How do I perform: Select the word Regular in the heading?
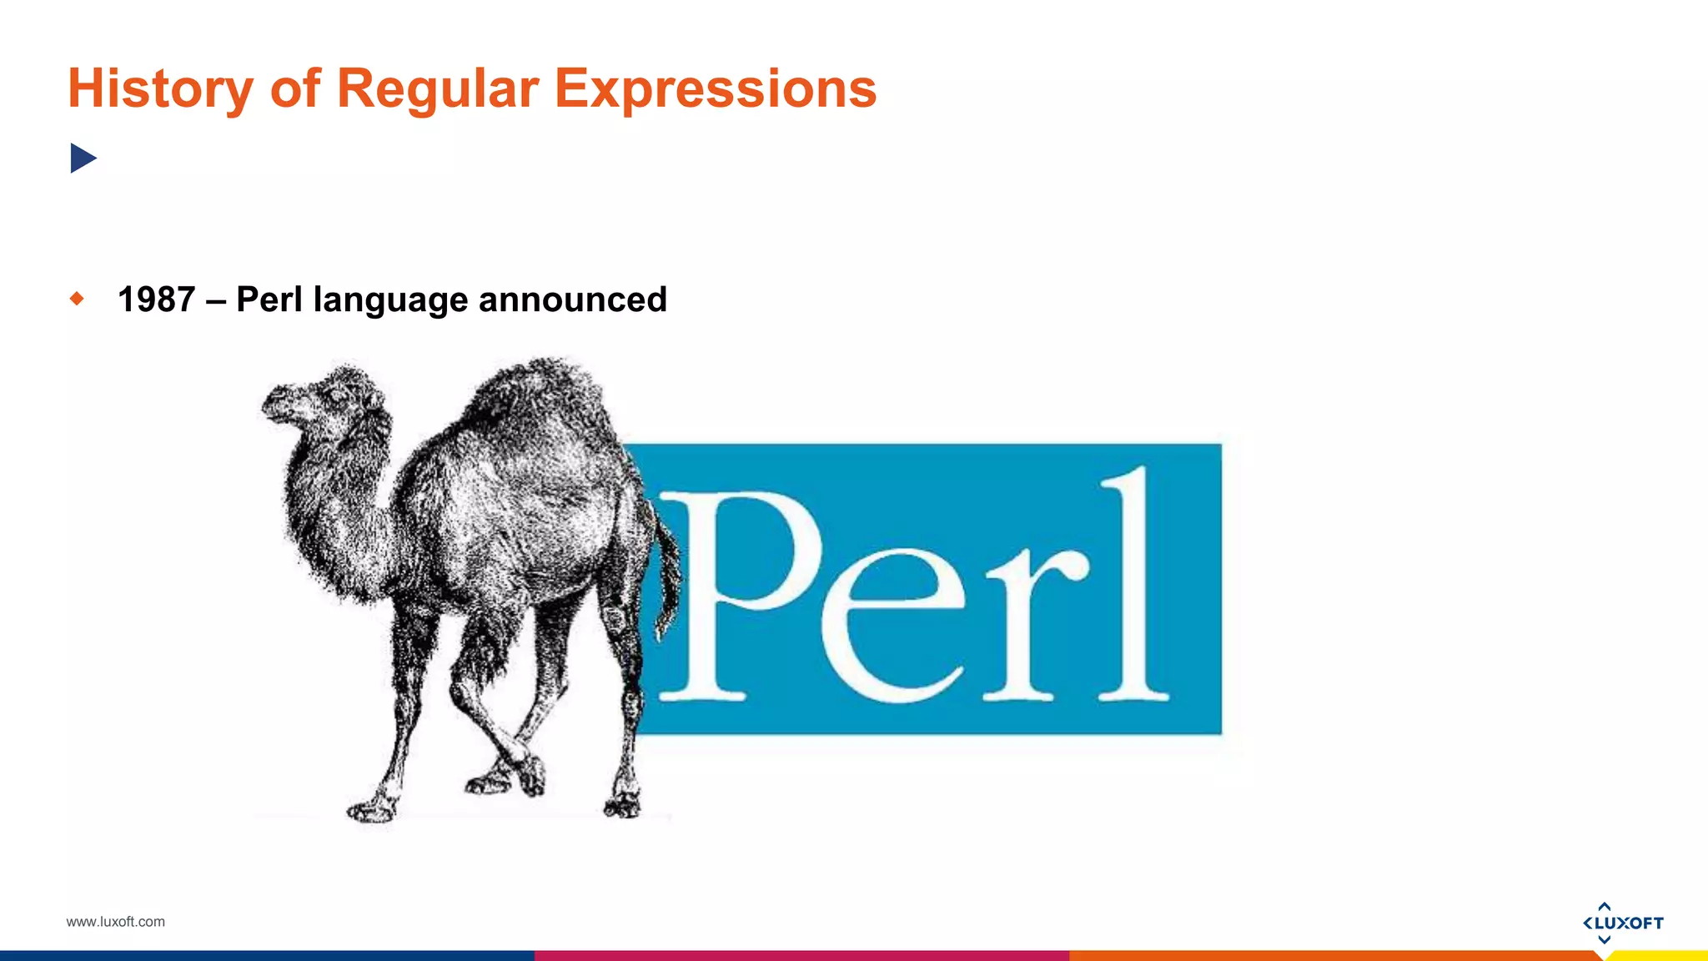tap(437, 88)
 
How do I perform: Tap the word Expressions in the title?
tap(715, 88)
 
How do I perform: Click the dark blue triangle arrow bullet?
tap(83, 158)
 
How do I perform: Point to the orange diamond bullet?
tap(78, 299)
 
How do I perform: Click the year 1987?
tap(156, 299)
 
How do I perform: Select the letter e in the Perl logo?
tap(892, 626)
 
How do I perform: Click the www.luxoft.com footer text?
tap(115, 922)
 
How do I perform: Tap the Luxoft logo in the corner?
tap(1622, 923)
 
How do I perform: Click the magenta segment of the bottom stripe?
tap(801, 956)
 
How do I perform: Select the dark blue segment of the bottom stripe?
tap(267, 956)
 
